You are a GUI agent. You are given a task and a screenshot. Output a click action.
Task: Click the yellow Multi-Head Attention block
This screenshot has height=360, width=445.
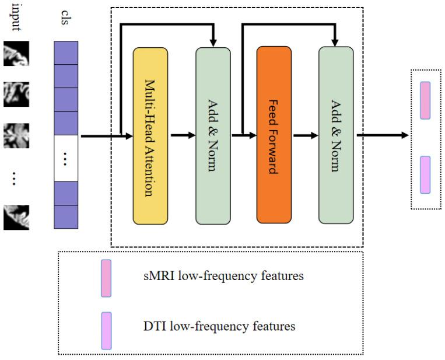tap(150, 136)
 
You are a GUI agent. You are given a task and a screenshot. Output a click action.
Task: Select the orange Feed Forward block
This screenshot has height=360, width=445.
tap(274, 135)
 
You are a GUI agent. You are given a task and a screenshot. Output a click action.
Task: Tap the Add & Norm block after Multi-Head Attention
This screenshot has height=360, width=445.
tap(213, 136)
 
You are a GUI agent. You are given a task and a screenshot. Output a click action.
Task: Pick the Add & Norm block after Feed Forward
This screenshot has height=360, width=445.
tap(336, 135)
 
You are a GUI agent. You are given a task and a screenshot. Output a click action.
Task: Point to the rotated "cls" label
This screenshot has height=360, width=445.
tap(65, 18)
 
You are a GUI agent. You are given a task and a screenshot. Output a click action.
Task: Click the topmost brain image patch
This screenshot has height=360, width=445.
tap(16, 53)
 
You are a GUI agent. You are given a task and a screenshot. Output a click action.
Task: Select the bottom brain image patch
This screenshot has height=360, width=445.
tap(16, 217)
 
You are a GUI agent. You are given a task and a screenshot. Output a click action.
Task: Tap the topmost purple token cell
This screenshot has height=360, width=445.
tap(66, 53)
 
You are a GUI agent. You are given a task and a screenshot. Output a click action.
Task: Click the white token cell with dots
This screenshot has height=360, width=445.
tap(66, 158)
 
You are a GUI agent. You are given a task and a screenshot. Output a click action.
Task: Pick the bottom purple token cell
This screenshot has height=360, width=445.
tap(66, 217)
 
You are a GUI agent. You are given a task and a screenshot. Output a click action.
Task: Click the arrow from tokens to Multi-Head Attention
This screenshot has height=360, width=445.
tap(107, 137)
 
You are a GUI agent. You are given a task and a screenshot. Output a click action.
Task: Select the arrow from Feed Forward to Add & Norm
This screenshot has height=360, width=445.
tap(306, 136)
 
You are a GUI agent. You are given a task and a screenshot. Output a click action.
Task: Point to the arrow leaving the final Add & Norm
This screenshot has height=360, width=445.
tap(383, 135)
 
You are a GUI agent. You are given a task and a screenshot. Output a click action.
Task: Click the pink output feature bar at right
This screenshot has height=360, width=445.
tap(425, 100)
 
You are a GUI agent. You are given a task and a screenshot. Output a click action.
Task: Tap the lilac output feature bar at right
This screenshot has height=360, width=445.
tap(425, 175)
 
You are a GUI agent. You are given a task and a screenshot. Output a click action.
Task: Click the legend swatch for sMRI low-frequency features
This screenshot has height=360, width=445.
tap(106, 278)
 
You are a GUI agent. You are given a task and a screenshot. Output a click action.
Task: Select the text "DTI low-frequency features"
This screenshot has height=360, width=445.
tap(219, 326)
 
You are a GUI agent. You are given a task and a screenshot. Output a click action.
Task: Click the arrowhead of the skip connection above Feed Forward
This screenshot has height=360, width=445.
tap(335, 43)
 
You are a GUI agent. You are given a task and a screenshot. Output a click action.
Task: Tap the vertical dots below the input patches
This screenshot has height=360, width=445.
tap(14, 179)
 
